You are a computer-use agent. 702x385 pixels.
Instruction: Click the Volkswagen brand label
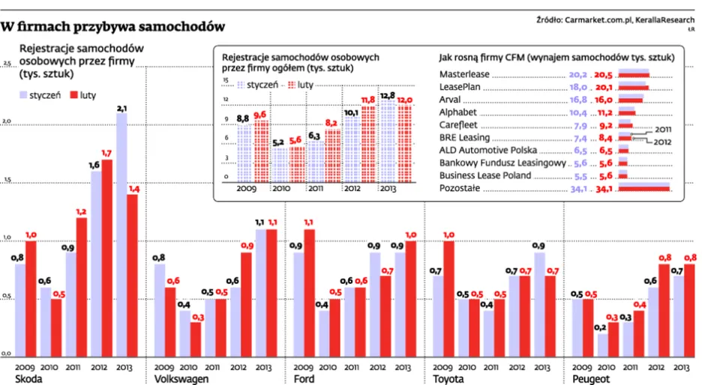pyautogui.click(x=181, y=379)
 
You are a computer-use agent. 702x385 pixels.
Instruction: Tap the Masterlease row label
pyautogui.click(x=464, y=75)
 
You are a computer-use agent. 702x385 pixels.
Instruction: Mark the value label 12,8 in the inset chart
pyautogui.click(x=388, y=96)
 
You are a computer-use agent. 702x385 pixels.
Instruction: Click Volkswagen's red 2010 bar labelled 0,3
pyautogui.click(x=195, y=339)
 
